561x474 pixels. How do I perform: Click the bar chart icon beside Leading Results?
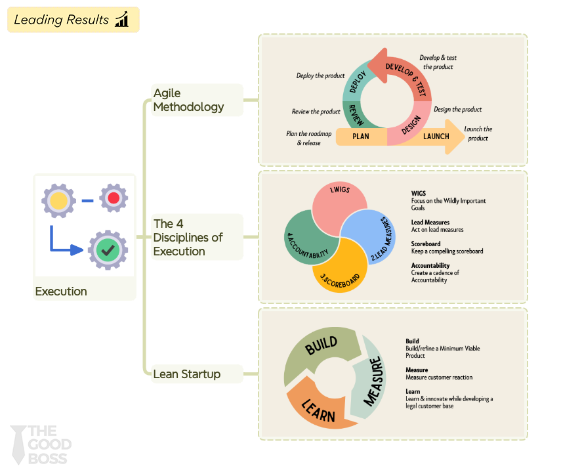pyautogui.click(x=122, y=20)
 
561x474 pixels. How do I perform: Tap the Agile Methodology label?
pyautogui.click(x=188, y=100)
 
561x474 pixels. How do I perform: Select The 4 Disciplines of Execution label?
pyautogui.click(x=188, y=237)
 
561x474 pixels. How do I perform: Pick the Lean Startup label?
pyautogui.click(x=187, y=374)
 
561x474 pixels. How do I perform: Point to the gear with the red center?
pyautogui.click(x=114, y=198)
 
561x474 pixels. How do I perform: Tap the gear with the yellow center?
pyautogui.click(x=59, y=200)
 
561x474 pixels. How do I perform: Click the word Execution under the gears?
pyautogui.click(x=61, y=291)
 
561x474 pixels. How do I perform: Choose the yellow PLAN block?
pyautogui.click(x=361, y=137)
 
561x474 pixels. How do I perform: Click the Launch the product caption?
pyautogui.click(x=478, y=134)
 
